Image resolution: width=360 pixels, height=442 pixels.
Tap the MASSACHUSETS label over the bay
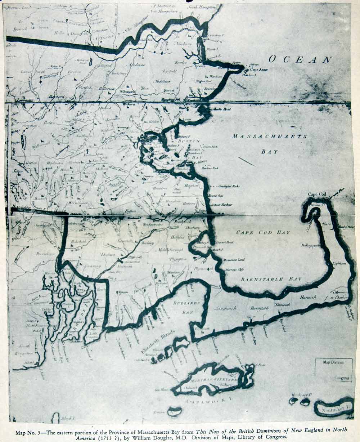click(x=269, y=137)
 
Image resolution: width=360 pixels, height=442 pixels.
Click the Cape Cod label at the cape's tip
click(x=317, y=195)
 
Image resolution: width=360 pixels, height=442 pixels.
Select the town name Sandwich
click(x=225, y=308)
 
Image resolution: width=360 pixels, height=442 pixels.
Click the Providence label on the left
click(x=45, y=254)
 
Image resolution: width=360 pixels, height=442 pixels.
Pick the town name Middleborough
click(x=170, y=250)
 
